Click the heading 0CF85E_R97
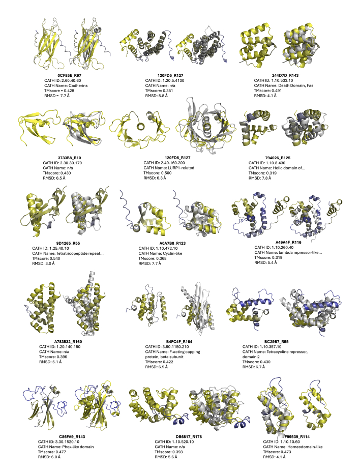(x=69, y=75)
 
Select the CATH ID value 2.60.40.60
(x=71, y=80)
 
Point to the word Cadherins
(x=77, y=85)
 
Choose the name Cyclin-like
(x=172, y=253)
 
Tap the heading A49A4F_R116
(x=288, y=242)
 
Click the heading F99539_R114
(x=297, y=436)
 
